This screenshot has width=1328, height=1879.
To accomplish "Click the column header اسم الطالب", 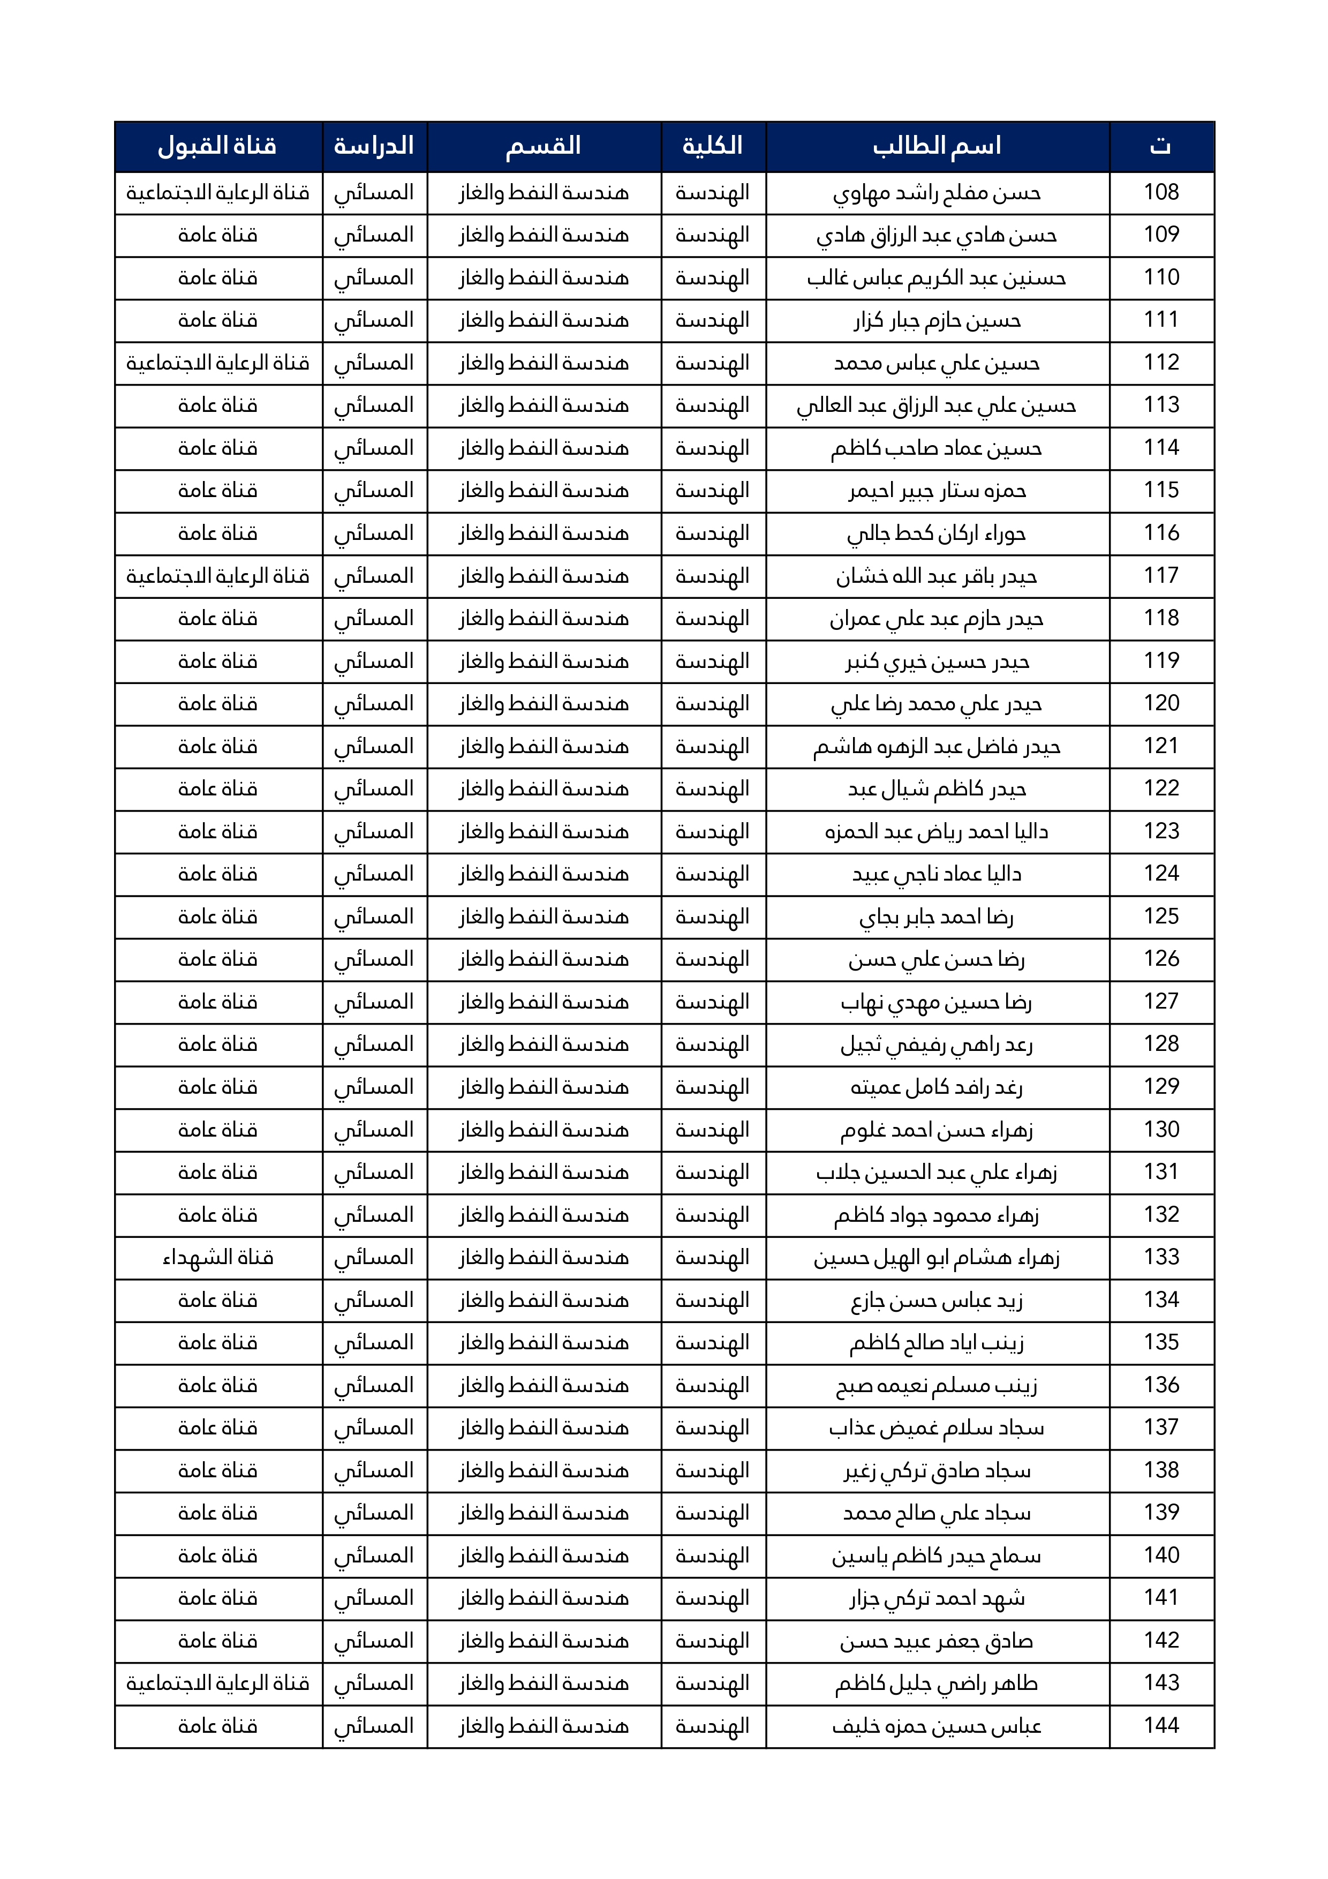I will [x=937, y=146].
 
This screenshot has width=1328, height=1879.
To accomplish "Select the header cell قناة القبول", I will [x=217, y=146].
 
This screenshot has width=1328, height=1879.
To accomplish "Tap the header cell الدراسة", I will [x=374, y=146].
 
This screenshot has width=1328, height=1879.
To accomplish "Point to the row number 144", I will [x=1160, y=1725].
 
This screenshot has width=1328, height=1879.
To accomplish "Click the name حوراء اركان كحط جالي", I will [x=937, y=533].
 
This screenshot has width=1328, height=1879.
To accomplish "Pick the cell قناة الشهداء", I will [x=217, y=1257].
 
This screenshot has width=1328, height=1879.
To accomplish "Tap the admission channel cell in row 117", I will [x=217, y=576].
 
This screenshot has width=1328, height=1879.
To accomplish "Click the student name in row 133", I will [x=937, y=1257].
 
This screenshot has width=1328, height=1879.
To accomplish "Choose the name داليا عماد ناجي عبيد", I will [x=937, y=874].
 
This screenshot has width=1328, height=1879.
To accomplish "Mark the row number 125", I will [x=1160, y=916].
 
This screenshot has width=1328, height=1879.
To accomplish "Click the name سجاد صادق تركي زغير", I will [x=937, y=1471].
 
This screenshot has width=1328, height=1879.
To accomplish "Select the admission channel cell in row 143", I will [x=217, y=1683].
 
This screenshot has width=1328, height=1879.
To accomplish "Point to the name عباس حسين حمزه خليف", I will [x=937, y=1726].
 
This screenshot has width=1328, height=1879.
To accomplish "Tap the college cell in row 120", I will [x=713, y=704].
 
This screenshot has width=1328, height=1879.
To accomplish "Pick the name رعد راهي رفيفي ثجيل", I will [x=937, y=1044].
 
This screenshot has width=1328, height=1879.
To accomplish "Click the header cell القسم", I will [x=544, y=146].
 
